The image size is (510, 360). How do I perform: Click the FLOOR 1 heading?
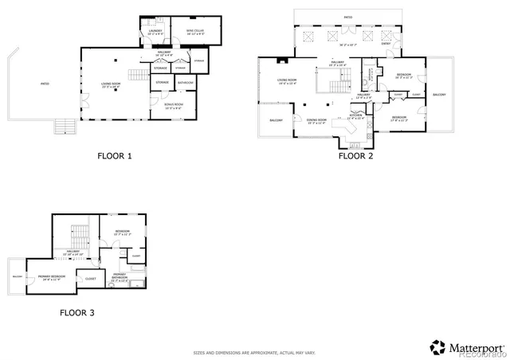pyautogui.click(x=114, y=156)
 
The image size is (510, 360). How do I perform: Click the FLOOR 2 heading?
pyautogui.click(x=355, y=156)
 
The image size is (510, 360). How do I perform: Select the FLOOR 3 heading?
pyautogui.click(x=77, y=313)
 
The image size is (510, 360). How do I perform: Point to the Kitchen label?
pyautogui.click(x=356, y=116)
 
